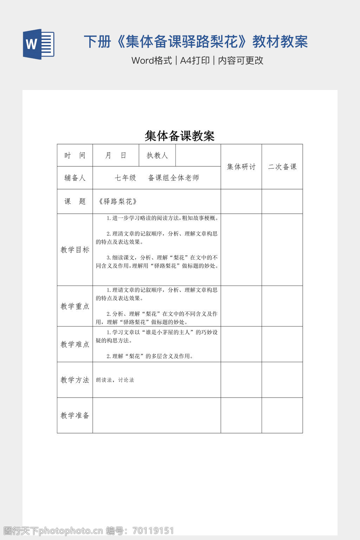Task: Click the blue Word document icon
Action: (39, 44)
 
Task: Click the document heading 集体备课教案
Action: (180, 136)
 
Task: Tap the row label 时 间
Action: (75, 155)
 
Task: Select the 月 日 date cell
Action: (116, 155)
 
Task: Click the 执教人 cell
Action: (157, 155)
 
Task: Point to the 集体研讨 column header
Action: (241, 167)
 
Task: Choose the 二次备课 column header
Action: (282, 167)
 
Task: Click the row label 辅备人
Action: (75, 178)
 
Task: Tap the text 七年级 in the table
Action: (126, 178)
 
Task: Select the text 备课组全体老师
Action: (174, 178)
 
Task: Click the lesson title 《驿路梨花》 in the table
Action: (118, 201)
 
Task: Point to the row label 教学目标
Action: (75, 250)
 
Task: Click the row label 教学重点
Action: (75, 306)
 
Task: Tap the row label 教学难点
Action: (75, 344)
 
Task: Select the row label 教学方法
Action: (75, 380)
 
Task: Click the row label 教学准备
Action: (75, 415)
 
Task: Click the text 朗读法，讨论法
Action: (115, 380)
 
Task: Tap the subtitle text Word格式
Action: (152, 60)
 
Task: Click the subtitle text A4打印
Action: (195, 60)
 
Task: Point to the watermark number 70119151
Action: (153, 531)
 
